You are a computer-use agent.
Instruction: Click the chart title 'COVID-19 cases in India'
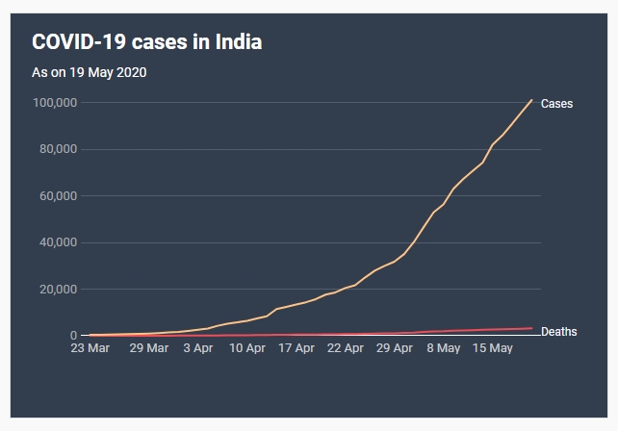click(x=147, y=42)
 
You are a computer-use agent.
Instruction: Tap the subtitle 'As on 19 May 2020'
click(x=90, y=72)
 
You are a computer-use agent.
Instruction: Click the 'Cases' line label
click(x=556, y=104)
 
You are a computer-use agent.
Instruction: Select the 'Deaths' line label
click(x=559, y=332)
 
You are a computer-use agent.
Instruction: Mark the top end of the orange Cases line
click(x=531, y=100)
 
